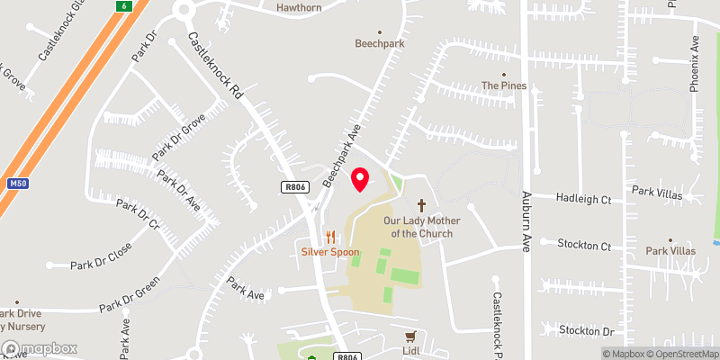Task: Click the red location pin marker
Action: pos(360,178)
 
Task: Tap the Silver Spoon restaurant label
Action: pos(330,252)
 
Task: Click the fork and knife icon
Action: pos(330,237)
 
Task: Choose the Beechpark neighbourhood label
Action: pos(379,42)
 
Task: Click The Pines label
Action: pos(503,85)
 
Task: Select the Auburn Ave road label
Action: pos(529,218)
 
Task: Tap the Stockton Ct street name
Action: pos(584,245)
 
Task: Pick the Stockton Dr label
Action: pos(586,331)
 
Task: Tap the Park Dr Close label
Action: pos(102,256)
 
